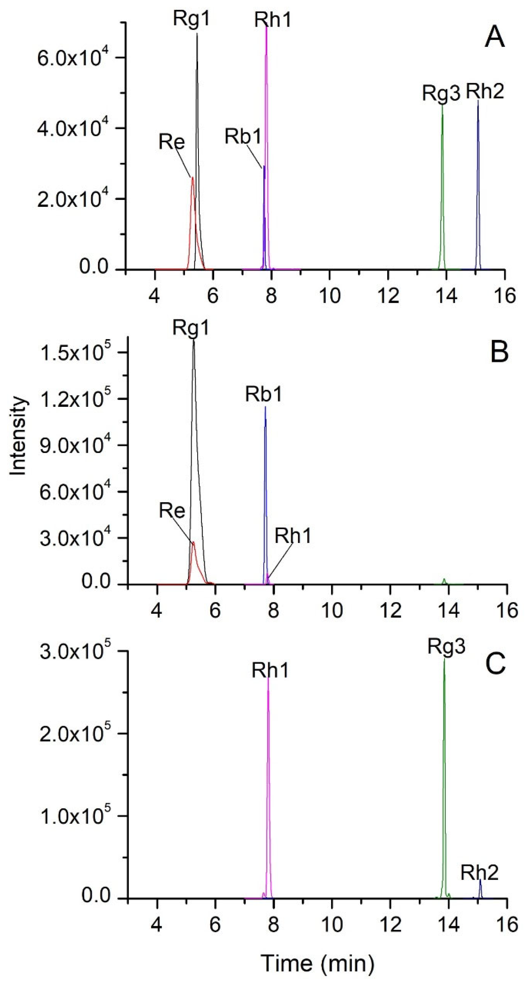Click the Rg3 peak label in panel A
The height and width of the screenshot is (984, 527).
(x=442, y=93)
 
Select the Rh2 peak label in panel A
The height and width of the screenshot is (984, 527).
(x=485, y=91)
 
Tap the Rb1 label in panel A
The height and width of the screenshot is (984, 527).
(x=243, y=136)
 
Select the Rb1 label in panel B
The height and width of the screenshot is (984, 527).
(x=264, y=394)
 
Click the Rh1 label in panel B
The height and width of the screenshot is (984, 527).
(x=293, y=536)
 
